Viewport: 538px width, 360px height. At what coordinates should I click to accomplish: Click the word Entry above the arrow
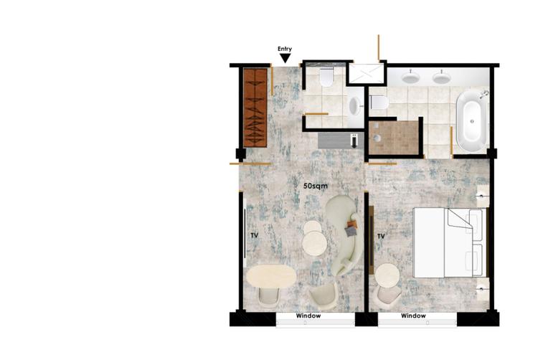[285, 49]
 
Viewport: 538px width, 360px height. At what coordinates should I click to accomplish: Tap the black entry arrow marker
[285, 58]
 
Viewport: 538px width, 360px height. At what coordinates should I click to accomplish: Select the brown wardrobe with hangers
[254, 107]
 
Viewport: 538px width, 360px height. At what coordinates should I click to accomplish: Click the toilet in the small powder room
[326, 77]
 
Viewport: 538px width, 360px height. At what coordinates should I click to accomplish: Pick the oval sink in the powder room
[354, 107]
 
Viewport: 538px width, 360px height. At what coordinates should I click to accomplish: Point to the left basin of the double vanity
[411, 77]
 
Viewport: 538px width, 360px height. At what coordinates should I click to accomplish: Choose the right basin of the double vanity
[442, 77]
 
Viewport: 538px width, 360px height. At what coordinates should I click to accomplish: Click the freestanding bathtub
[471, 122]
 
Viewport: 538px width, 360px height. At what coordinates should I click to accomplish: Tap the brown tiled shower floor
[394, 138]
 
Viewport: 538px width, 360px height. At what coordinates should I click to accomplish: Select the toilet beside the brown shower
[379, 103]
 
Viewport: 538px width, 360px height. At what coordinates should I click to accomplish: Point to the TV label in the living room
[254, 235]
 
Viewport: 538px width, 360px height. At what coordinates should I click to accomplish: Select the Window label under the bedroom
[413, 316]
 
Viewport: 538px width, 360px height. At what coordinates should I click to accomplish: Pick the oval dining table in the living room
[270, 276]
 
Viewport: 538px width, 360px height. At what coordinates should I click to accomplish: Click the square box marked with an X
[367, 74]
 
